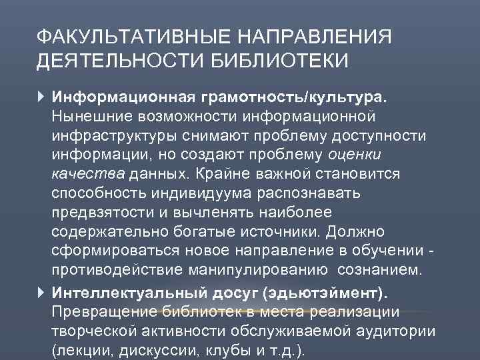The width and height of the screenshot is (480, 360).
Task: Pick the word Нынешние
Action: [x=87, y=117]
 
